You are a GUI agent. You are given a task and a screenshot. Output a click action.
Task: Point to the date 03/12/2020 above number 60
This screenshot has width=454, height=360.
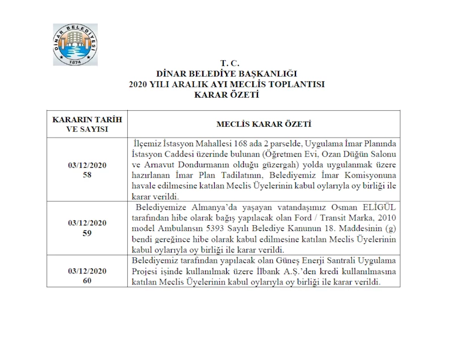click(x=87, y=271)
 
